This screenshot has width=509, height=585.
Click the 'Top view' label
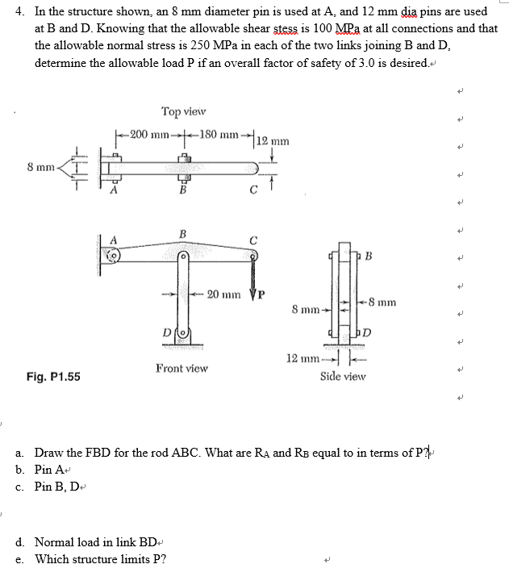point(183,111)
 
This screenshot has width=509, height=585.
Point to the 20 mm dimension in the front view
point(224,295)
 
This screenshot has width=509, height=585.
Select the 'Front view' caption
point(182,368)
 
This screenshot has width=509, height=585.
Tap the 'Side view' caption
point(343,376)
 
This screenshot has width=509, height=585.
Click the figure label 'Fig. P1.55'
point(53,376)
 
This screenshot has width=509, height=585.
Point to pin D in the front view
point(182,332)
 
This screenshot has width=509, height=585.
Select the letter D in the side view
point(367,332)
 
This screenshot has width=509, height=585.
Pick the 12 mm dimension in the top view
point(271,142)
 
